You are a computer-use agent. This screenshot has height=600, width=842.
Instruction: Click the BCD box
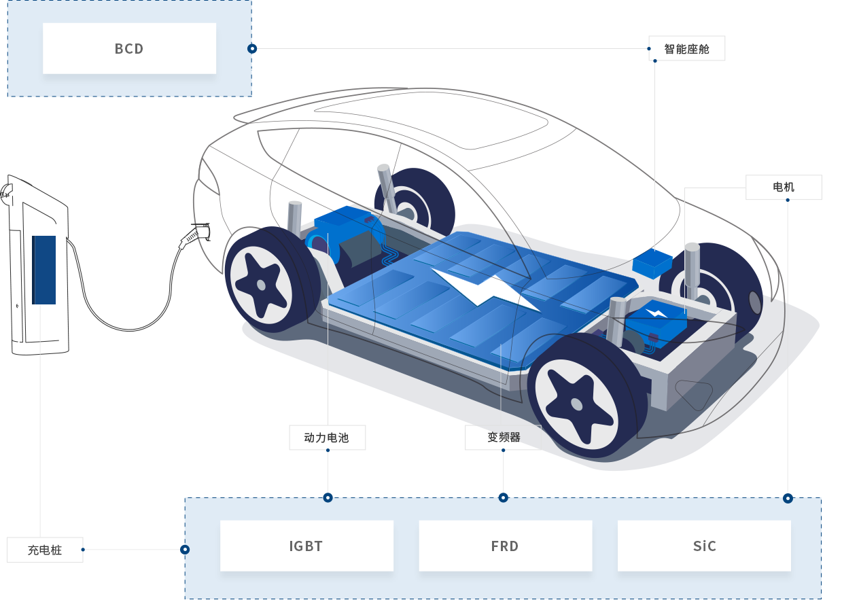click(129, 48)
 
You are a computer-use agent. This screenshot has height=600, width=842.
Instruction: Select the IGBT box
click(306, 546)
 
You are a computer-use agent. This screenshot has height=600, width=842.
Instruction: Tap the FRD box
click(505, 546)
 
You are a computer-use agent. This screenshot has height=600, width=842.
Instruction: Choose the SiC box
click(704, 546)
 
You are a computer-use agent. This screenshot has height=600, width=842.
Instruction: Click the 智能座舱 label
click(686, 49)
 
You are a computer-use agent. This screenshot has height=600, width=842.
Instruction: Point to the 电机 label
click(784, 187)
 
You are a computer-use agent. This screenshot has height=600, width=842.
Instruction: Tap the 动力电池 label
click(327, 438)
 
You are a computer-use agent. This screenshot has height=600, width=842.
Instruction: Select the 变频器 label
click(502, 438)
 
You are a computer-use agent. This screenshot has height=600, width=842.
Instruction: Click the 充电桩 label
click(45, 550)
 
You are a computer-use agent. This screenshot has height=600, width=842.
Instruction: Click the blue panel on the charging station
click(44, 269)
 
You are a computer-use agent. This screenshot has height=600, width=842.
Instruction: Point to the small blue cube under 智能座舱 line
click(652, 262)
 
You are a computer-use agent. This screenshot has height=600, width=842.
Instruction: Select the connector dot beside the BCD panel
click(252, 49)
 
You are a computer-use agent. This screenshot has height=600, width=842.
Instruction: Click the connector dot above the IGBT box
click(328, 497)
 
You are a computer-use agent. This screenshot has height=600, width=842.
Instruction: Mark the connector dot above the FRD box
click(503, 497)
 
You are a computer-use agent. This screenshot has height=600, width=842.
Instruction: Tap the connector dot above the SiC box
click(788, 498)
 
